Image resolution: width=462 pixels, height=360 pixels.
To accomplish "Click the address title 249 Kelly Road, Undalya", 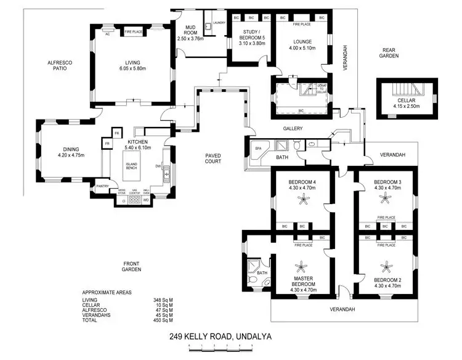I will (x=220, y=337).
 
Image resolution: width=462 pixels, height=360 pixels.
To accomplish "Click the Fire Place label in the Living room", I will (x=134, y=32).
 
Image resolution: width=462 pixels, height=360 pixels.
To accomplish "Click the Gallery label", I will (x=293, y=129).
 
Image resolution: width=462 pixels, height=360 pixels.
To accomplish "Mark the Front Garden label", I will (x=132, y=266).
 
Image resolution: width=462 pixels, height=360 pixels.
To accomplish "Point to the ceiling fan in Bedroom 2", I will (x=386, y=267).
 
